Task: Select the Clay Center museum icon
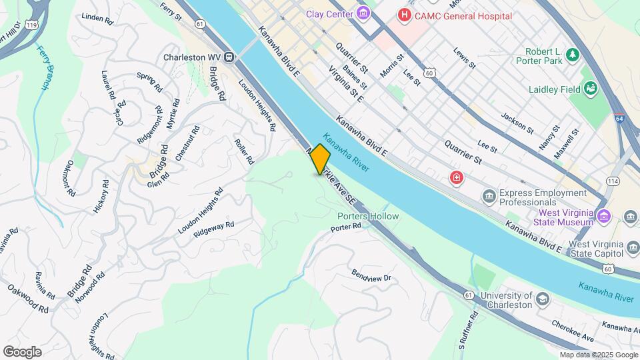coord(363,13)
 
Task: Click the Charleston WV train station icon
coord(229,57)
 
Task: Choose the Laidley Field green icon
coord(590,87)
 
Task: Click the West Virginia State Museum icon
coord(604,215)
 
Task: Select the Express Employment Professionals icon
coord(489,196)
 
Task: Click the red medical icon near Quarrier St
coord(457,177)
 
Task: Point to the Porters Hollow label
coord(367,216)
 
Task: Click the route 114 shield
coord(613,181)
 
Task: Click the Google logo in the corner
coord(22,351)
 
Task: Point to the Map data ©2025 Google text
coord(597,355)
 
